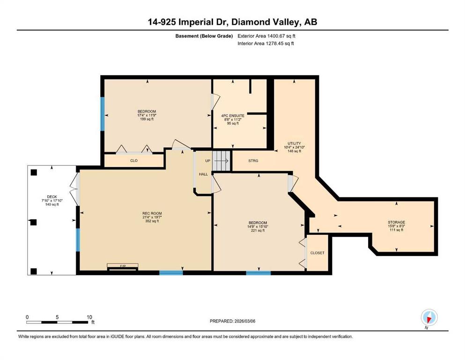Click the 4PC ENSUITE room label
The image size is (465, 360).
233,116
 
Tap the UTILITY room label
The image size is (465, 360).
294,143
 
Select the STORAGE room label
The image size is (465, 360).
397,222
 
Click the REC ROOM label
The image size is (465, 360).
152,213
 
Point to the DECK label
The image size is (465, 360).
52,197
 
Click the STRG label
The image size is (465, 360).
253,161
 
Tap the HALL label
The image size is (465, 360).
203,174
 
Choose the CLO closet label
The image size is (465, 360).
134,161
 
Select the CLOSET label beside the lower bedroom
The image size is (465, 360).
317,253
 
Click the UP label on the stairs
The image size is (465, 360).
208,161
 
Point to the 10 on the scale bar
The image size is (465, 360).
89,317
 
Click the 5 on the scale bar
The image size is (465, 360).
57,317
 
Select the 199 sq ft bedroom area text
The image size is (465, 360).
147,119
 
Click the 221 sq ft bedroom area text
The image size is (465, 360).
258,230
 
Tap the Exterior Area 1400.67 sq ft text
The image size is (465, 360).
266,36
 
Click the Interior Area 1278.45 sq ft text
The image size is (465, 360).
266,43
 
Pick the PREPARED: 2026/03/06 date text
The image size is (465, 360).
232,321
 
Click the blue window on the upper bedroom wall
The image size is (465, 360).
102,113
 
